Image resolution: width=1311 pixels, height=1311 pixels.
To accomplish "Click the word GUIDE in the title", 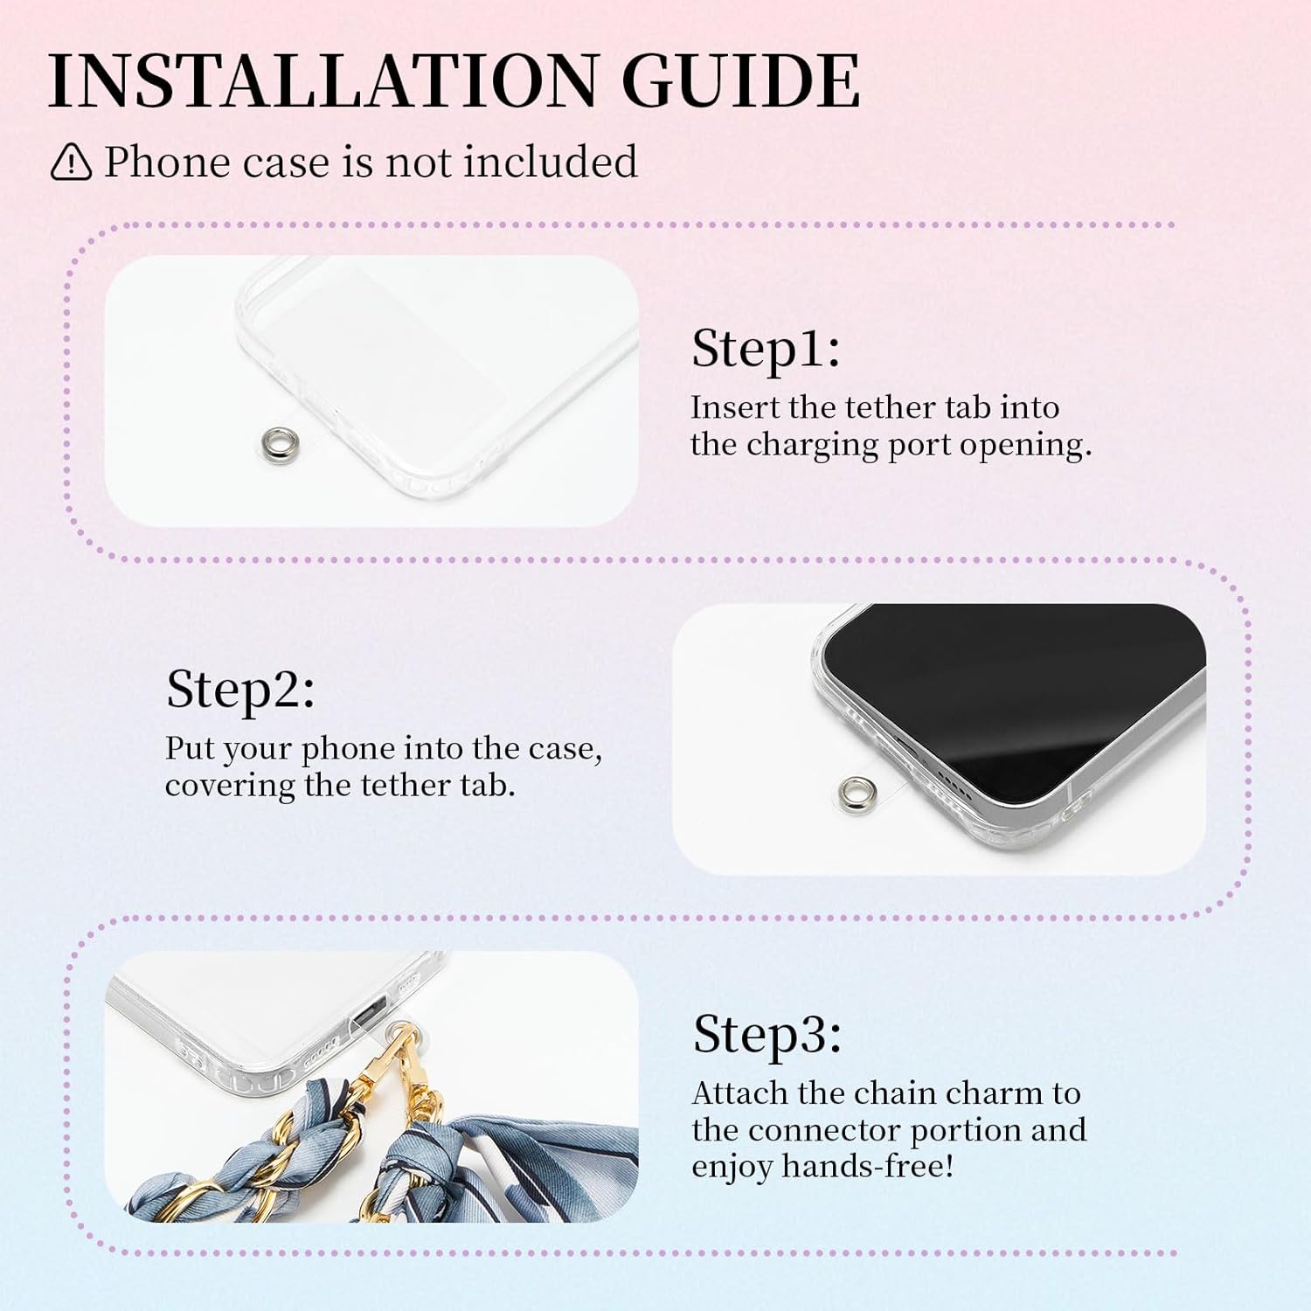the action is tap(741, 80).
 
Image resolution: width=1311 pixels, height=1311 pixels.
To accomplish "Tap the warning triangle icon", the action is tap(71, 162).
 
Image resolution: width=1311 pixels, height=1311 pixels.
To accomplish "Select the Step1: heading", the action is tap(766, 350).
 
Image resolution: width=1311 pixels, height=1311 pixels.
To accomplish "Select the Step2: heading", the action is tap(240, 690).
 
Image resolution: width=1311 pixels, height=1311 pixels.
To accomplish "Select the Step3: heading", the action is tap(767, 1035).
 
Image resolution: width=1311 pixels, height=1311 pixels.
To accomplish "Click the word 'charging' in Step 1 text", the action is tap(812, 446).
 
